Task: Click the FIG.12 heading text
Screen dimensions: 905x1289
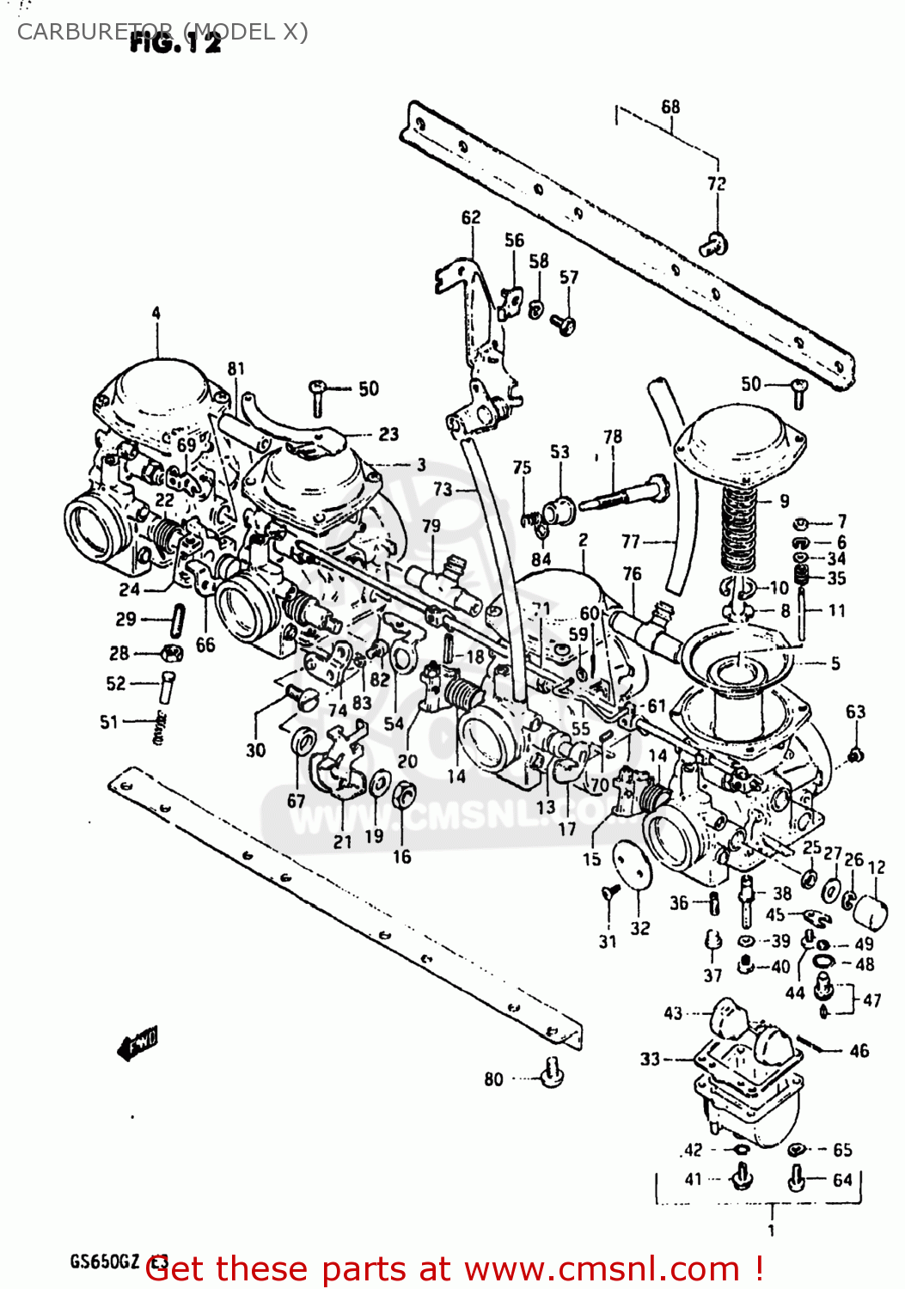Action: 175,43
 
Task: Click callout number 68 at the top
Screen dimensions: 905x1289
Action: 670,107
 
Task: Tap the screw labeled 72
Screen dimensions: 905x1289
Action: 714,245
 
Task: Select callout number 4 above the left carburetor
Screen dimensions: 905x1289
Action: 156,313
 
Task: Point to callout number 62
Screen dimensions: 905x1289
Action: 471,217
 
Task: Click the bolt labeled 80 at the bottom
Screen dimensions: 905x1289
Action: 552,1072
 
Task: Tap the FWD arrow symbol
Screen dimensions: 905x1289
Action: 138,1046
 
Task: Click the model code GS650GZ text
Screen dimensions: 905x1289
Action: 104,1262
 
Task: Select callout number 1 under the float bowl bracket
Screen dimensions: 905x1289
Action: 771,1231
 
